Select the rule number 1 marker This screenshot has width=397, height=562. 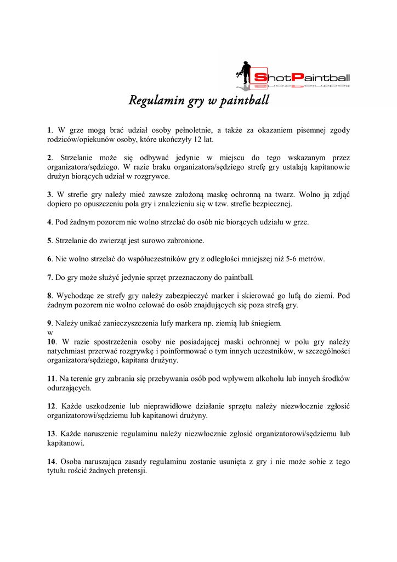pos(49,130)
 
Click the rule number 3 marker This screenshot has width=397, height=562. pos(49,194)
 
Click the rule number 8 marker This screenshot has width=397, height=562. pos(49,295)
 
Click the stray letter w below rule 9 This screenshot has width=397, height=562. pos(49,332)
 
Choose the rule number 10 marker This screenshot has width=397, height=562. pos(51,341)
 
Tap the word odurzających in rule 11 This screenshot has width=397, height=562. pos(69,387)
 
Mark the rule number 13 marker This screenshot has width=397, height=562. pos(51,434)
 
